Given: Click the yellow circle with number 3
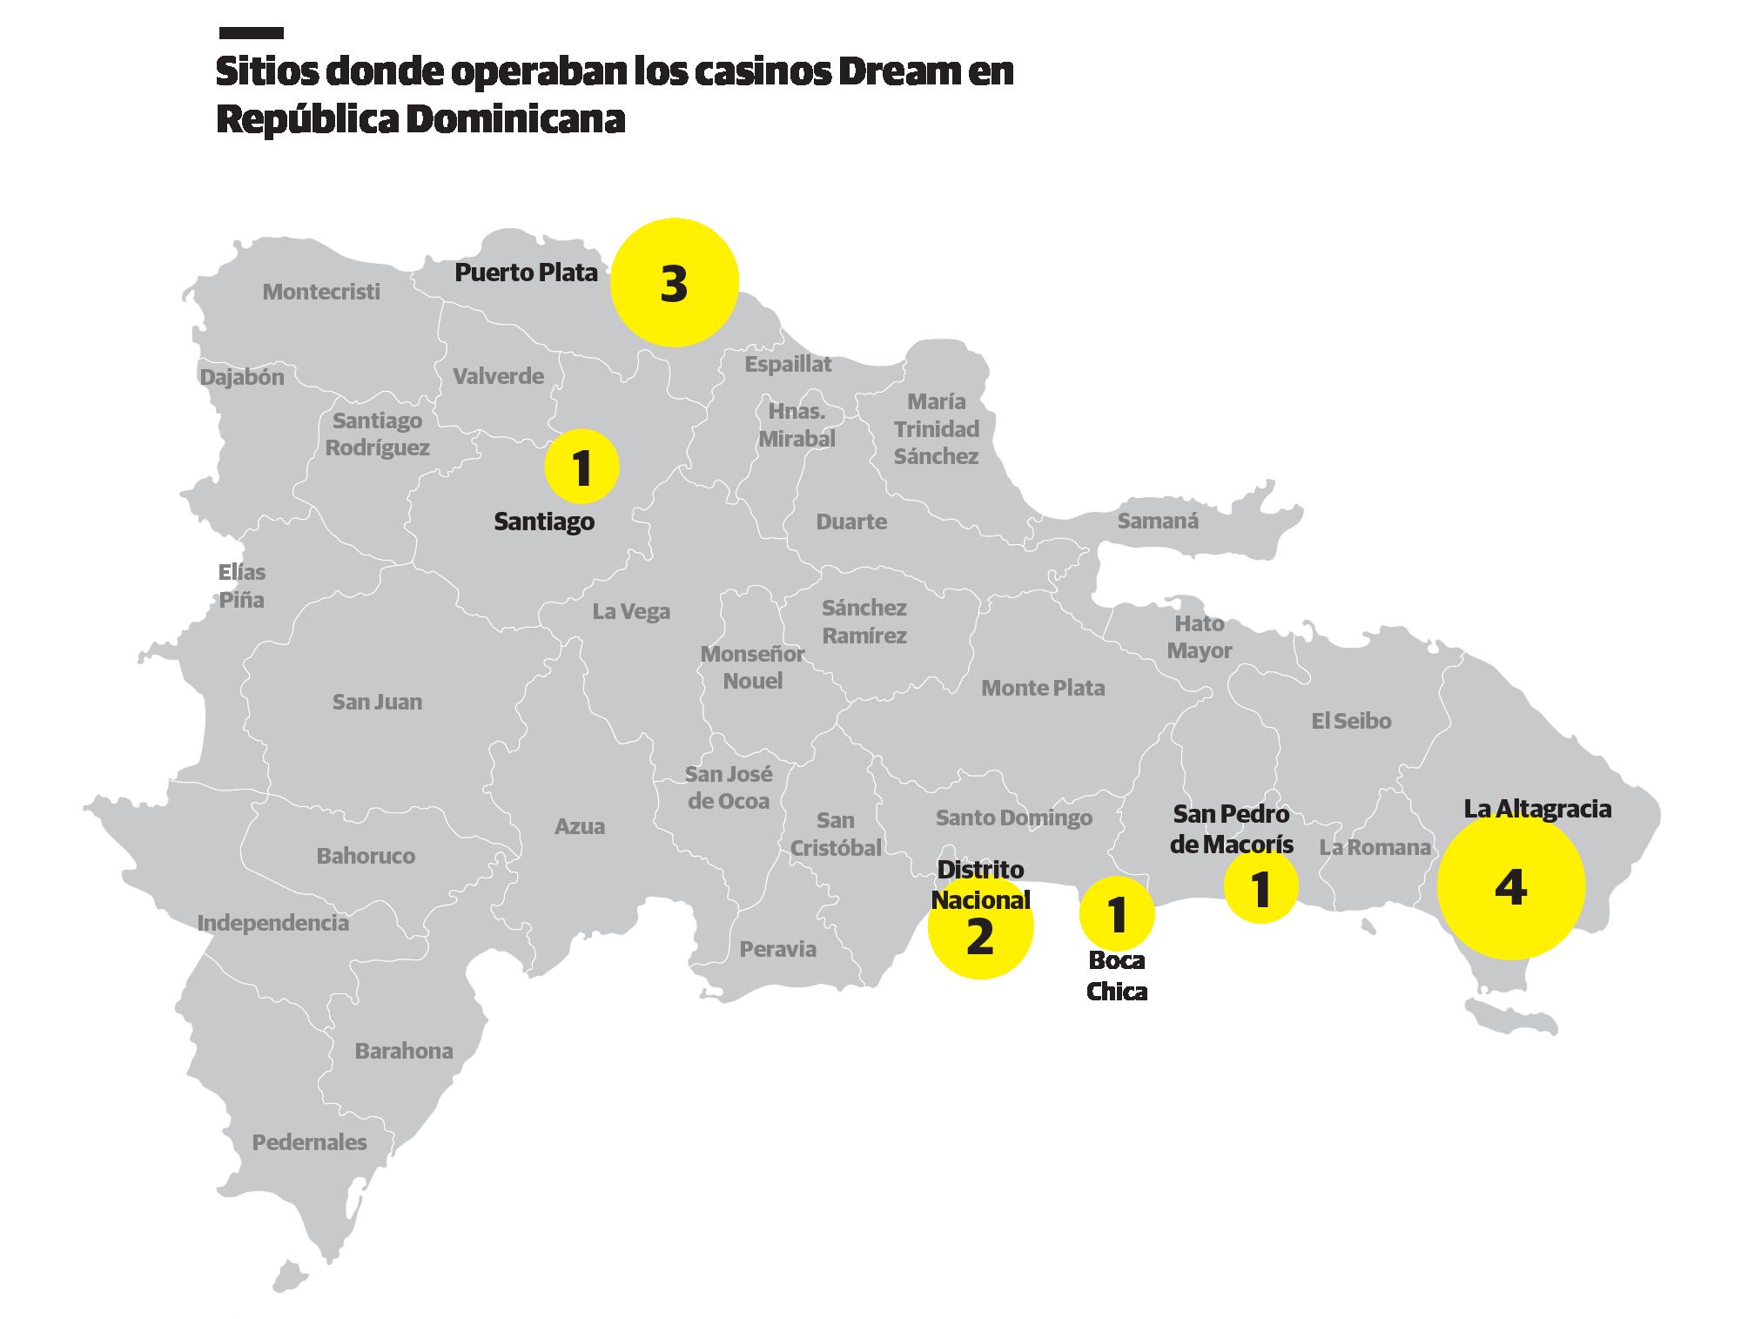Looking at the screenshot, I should tap(674, 282).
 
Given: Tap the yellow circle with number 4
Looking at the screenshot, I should tap(1510, 887).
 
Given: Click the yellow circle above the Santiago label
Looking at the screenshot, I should tap(581, 466).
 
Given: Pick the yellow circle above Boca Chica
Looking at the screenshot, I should tap(1117, 913).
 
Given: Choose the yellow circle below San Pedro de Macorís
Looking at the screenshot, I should tap(1260, 886).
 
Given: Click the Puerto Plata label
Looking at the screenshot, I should tap(526, 273).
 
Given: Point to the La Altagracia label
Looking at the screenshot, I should tap(1537, 809).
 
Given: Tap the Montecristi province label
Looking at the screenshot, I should tap(321, 292).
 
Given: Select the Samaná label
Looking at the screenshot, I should tap(1158, 521).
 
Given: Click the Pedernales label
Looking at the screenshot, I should tap(309, 1141).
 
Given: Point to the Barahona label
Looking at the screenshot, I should tap(404, 1051).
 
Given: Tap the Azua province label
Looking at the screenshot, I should tap(580, 825).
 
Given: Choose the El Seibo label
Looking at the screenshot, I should tap(1351, 720).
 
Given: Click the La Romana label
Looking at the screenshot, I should tap(1375, 846).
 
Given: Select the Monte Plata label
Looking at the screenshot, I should tap(1043, 688).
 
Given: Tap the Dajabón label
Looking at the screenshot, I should tap(242, 377).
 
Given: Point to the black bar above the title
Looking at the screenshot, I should tap(251, 34).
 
